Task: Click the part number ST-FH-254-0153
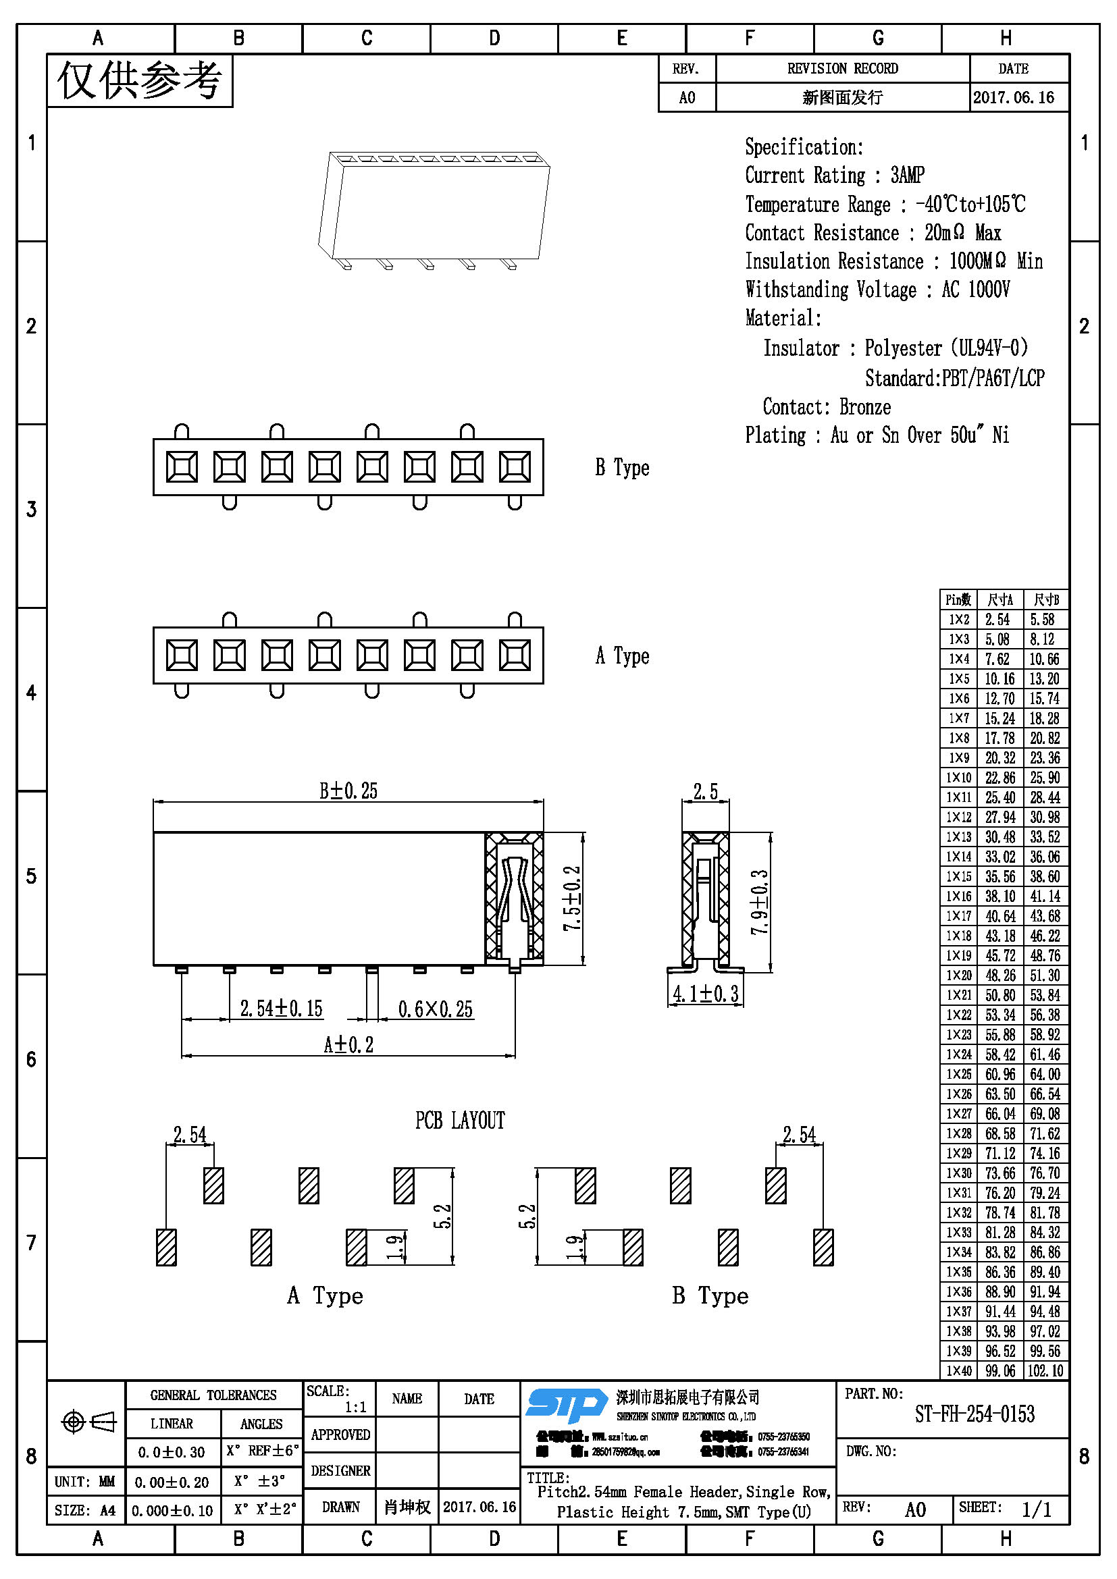(x=974, y=1415)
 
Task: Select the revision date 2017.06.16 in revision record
(x=1013, y=98)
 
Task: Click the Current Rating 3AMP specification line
(x=834, y=176)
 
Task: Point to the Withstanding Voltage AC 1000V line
(x=877, y=290)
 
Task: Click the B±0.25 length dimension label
(x=348, y=791)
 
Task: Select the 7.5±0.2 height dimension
(x=572, y=898)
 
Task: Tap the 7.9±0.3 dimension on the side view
(x=759, y=902)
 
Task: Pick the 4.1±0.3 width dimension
(x=705, y=994)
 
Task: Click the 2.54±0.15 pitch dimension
(x=281, y=1009)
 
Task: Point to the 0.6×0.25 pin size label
(x=436, y=1009)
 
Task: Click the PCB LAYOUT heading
(x=459, y=1121)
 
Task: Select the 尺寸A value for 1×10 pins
(x=999, y=778)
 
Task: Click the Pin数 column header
(x=958, y=599)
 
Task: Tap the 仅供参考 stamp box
(x=140, y=81)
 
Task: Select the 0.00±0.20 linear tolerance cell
(x=172, y=1482)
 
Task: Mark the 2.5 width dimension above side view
(x=705, y=792)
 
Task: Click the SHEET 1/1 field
(x=1010, y=1509)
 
